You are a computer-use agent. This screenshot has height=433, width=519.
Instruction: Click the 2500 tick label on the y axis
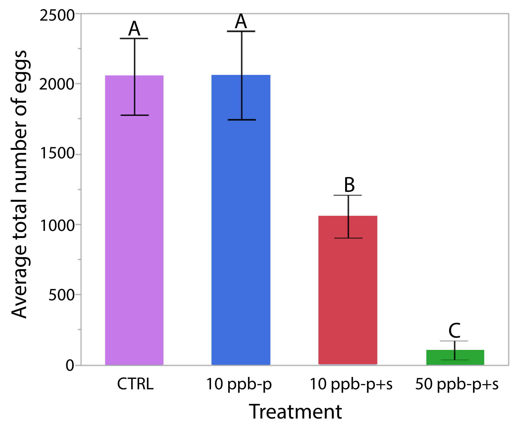[x=57, y=16]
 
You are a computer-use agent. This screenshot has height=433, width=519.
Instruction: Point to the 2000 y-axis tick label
[x=57, y=84]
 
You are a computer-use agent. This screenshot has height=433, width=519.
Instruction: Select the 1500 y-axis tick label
[x=57, y=153]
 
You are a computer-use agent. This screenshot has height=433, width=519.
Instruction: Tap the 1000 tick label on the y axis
[x=57, y=225]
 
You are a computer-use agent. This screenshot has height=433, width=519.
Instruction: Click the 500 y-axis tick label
[x=62, y=295]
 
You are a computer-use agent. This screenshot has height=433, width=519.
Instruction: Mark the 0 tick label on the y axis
[x=70, y=365]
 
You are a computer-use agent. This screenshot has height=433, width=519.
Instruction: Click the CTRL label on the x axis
[x=135, y=384]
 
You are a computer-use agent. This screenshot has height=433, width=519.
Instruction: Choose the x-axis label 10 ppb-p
[x=239, y=384]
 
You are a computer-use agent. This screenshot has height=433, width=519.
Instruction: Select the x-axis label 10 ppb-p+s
[x=351, y=384]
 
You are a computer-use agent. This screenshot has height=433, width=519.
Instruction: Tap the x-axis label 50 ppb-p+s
[x=457, y=384]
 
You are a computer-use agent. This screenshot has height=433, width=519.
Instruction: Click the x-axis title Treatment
[x=295, y=412]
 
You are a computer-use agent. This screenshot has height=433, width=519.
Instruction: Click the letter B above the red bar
[x=349, y=185]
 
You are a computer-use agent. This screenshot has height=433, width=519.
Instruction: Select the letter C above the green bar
[x=454, y=331]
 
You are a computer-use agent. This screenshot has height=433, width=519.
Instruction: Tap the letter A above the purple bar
[x=134, y=29]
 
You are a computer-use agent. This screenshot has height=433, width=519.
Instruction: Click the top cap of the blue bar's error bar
[x=241, y=31]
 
